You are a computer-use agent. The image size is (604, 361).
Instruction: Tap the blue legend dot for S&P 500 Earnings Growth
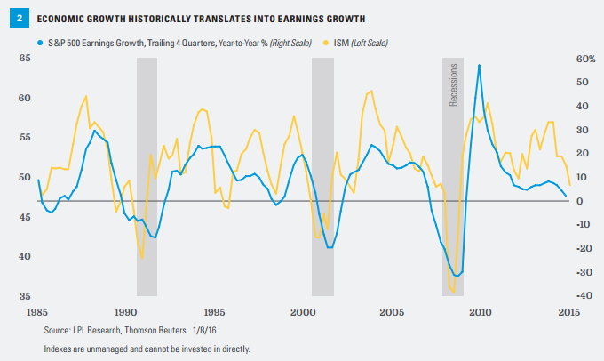coord(42,42)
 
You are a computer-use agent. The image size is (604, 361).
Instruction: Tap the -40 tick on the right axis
coord(560,295)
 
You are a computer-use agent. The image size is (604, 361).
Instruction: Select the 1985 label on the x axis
coord(37,312)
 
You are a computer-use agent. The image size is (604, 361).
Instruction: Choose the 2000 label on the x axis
coord(304,312)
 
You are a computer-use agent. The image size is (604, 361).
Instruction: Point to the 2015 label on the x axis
coord(568,312)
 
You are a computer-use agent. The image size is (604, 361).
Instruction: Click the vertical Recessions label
coord(453,85)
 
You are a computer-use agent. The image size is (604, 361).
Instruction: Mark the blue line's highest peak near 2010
coord(480,65)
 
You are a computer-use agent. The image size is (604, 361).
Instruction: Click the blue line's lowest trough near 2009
coord(457,276)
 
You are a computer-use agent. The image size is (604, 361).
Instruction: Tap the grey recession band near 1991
coord(147,178)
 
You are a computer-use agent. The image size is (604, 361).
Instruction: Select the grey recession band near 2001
coord(322,178)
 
